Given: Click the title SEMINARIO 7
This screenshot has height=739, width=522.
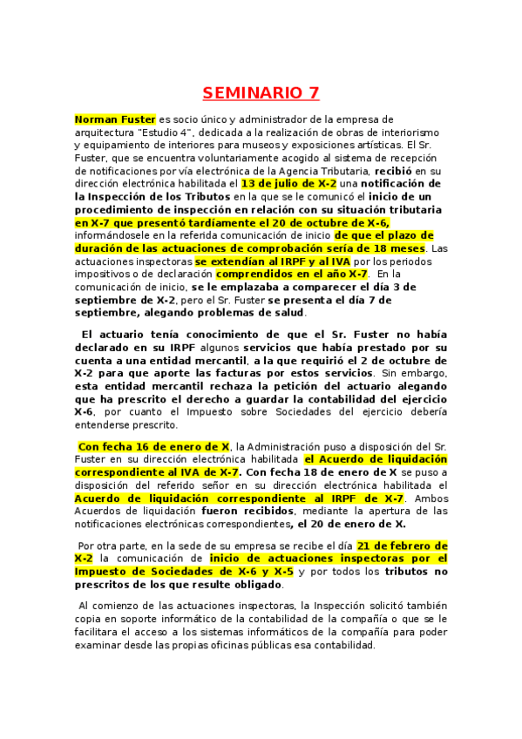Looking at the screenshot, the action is pyautogui.click(x=261, y=92).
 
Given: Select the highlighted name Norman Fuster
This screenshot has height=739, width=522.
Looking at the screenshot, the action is pyautogui.click(x=113, y=119).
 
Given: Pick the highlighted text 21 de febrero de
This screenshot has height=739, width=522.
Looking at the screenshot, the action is pyautogui.click(x=402, y=546).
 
